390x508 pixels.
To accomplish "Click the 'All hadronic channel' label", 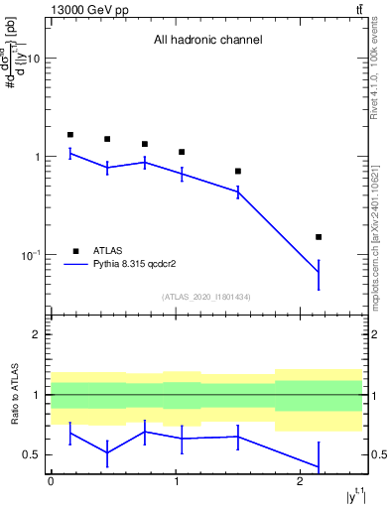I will tap(207, 41).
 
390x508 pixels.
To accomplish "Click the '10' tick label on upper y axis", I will tap(33, 60).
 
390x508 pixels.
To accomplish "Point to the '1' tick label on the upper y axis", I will tap(38, 158).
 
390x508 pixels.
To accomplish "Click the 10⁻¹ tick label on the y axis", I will tap(31, 255).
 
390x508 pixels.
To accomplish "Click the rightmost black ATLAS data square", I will tap(319, 237).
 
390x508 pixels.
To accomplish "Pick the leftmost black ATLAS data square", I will tap(70, 135).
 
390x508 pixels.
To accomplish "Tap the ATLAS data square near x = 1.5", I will tap(238, 171).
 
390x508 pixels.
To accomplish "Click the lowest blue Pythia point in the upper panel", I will tap(319, 272).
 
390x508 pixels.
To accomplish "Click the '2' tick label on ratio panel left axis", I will tap(38, 335).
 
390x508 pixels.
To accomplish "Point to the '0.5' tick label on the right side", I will tap(376, 455).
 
